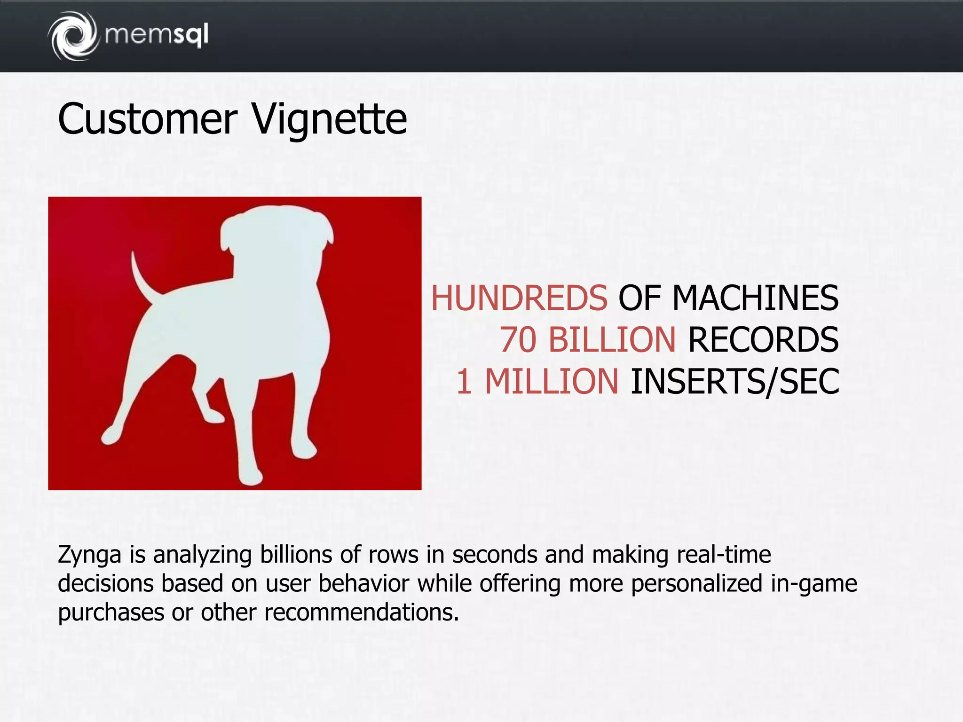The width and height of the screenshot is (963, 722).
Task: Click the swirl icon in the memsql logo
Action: click(x=73, y=36)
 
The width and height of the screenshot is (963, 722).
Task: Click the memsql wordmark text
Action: click(x=157, y=35)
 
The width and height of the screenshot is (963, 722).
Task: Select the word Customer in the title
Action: click(x=148, y=119)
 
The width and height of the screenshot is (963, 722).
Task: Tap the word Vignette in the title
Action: click(x=329, y=119)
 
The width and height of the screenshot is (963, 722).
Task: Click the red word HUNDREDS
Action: click(x=519, y=298)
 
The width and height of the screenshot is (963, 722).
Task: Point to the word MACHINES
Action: click(x=755, y=298)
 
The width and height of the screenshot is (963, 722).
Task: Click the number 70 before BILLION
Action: click(x=517, y=339)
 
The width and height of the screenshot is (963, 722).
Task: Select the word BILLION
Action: click(x=612, y=339)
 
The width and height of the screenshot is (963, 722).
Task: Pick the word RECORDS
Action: click(x=763, y=339)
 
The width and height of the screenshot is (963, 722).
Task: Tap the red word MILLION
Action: click(x=551, y=381)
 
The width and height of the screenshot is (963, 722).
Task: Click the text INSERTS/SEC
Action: click(x=734, y=381)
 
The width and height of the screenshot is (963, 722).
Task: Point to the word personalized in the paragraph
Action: click(x=696, y=584)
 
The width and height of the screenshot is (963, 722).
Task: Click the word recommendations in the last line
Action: click(x=361, y=612)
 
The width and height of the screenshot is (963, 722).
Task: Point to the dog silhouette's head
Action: click(x=277, y=235)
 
